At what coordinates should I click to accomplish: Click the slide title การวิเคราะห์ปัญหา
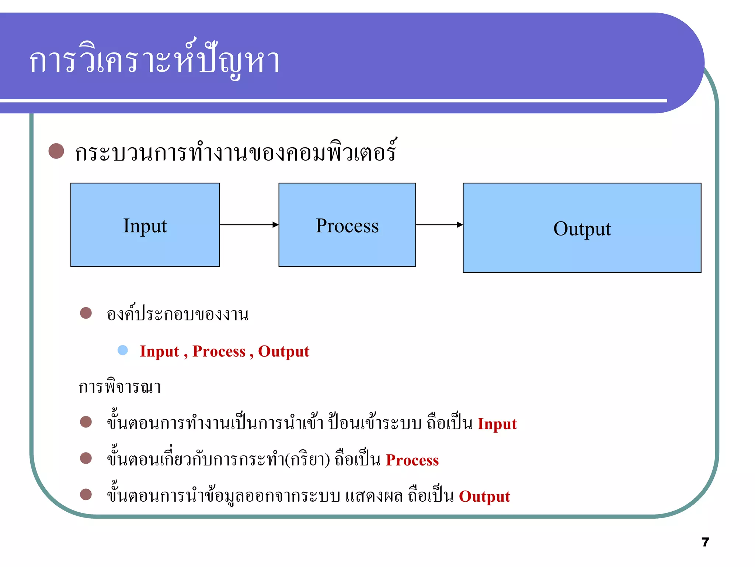(155, 61)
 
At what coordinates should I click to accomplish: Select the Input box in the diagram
(145, 225)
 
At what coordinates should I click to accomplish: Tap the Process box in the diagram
(347, 225)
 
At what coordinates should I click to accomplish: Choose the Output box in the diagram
(582, 228)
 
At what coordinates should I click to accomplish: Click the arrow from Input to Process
(249, 224)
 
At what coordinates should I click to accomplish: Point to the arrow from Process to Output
(439, 224)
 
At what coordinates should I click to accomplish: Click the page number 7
(705, 542)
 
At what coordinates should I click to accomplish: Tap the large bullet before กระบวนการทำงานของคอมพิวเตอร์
(56, 151)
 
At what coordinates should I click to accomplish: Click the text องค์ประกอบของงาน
(177, 315)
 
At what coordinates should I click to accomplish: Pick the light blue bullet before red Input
(123, 350)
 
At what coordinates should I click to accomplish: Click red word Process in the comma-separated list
(219, 351)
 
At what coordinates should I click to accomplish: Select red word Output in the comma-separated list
(283, 351)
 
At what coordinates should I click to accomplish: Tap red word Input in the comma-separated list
(160, 351)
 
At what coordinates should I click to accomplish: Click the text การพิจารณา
(120, 387)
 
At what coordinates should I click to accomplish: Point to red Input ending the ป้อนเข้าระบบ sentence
(497, 424)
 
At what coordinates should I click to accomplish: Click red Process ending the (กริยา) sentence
(412, 460)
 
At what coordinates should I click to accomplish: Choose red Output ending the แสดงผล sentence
(484, 496)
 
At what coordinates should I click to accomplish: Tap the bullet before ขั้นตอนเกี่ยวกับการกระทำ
(86, 458)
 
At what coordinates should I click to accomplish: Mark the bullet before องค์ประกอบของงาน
(86, 313)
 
